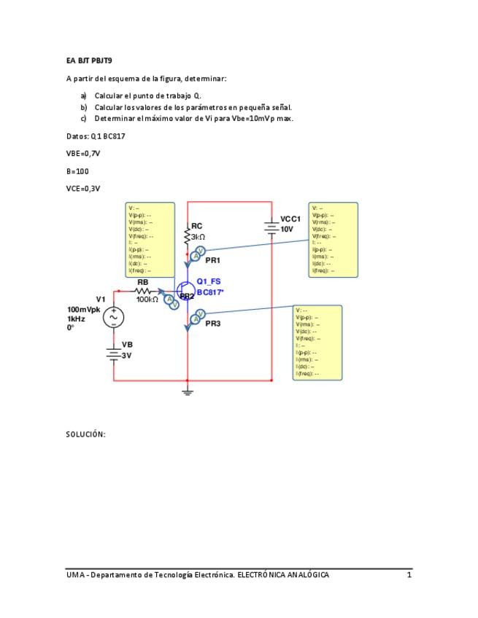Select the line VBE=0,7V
[x=83, y=154]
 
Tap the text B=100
[x=77, y=171]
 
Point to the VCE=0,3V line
[x=83, y=189]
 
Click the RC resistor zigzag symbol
[x=188, y=236]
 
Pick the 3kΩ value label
[x=198, y=237]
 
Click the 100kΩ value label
[x=147, y=300]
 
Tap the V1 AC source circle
[x=114, y=317]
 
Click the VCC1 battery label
[x=290, y=219]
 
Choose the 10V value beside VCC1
[x=287, y=229]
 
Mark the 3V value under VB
[x=127, y=356]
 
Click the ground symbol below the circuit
[x=188, y=391]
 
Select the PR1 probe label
[x=212, y=260]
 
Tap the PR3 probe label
[x=212, y=323]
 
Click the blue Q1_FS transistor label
[x=209, y=281]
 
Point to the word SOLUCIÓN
[x=86, y=434]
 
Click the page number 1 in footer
[x=409, y=575]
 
